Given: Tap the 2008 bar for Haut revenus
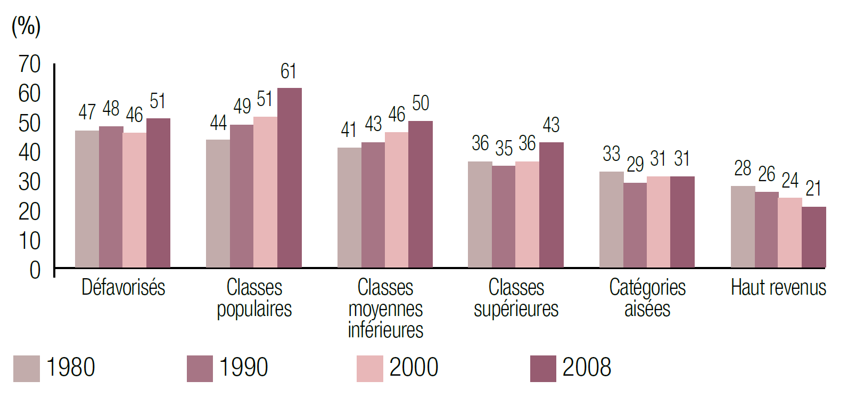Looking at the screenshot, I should (x=813, y=237).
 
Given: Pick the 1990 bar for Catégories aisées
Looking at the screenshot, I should (x=635, y=225).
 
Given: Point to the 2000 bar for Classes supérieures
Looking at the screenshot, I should (x=527, y=214).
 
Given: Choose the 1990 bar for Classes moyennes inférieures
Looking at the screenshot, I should (x=373, y=205).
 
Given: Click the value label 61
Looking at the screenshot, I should (x=288, y=71).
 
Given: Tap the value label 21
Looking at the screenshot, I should (x=813, y=189).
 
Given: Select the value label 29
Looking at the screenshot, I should (x=635, y=164).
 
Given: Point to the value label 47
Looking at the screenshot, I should (x=87, y=112).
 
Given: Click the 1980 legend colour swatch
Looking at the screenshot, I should (x=27, y=368).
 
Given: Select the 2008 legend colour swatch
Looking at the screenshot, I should (x=543, y=368).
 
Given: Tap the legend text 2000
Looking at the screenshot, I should (x=414, y=368).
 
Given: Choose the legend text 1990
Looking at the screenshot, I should (x=243, y=368).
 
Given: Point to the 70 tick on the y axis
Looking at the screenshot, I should (x=30, y=64).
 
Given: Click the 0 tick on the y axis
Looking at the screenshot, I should (x=35, y=270).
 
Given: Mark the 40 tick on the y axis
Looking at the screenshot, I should (x=30, y=153).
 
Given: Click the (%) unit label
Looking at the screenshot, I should (x=26, y=26).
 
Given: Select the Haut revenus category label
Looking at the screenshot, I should (x=778, y=288).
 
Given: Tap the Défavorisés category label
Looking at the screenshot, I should (x=123, y=288).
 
